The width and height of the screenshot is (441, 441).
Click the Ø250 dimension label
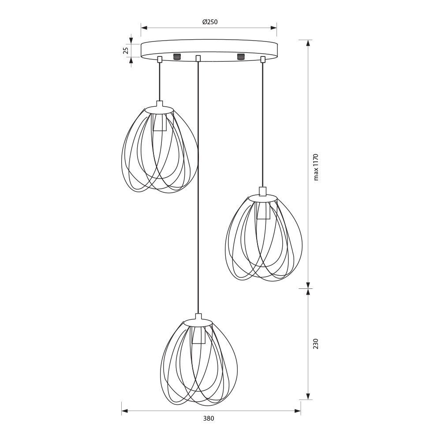(x=210, y=22)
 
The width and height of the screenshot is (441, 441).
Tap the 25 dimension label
(x=126, y=50)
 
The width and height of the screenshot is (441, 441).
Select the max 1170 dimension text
(x=316, y=167)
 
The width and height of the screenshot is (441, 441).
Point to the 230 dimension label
(x=316, y=344)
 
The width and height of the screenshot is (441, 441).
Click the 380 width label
(x=209, y=418)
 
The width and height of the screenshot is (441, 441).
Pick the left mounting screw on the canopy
(x=177, y=56)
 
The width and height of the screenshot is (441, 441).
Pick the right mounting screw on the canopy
(x=241, y=56)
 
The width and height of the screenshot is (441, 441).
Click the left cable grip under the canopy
(x=160, y=59)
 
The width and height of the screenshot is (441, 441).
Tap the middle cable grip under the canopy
(x=198, y=58)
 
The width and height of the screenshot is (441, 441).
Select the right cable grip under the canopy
(x=263, y=60)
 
